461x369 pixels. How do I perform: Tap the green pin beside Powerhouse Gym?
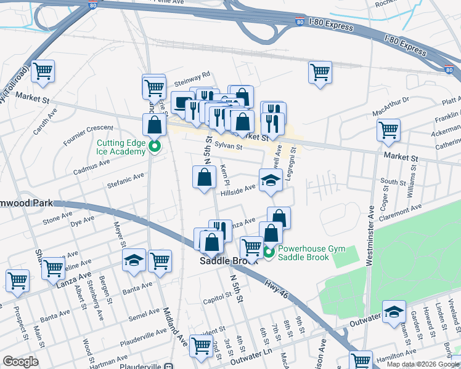[269, 253]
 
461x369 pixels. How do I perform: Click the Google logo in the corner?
[20, 362]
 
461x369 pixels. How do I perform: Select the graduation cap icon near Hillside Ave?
[270, 180]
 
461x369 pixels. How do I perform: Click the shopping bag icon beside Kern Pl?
[204, 178]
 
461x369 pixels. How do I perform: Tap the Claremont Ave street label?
[402, 212]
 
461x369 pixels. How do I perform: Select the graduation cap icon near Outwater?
[394, 312]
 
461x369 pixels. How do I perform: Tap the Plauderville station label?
[140, 366]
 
